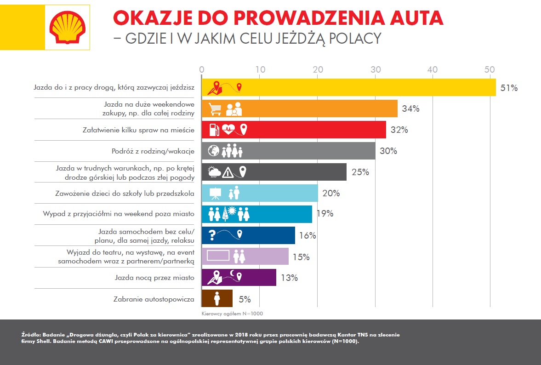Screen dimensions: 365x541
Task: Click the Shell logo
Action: click(68, 25)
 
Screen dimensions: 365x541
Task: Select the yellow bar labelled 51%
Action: click(349, 87)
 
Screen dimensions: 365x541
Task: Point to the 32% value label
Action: click(399, 130)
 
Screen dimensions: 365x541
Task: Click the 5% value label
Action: click(245, 299)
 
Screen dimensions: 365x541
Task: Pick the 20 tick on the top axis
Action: click(317, 69)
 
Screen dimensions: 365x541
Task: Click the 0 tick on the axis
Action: click(202, 69)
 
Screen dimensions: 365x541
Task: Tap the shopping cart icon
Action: click(215, 109)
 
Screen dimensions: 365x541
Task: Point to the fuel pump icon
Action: click(214, 130)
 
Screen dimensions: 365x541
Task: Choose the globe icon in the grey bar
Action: click(214, 151)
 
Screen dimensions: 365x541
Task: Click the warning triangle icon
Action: click(228, 172)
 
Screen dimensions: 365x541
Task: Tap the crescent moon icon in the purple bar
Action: click(233, 274)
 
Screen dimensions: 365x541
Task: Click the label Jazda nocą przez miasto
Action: click(154, 278)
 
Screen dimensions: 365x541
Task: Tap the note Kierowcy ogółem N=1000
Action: click(232, 314)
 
